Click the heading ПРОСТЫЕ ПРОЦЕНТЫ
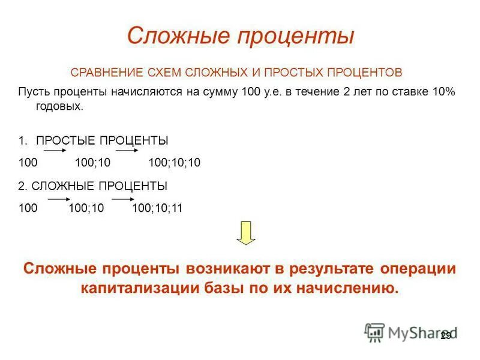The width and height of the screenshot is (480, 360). point(102,140)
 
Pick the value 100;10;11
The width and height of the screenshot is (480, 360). point(157,208)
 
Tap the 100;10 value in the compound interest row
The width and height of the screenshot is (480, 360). point(86,208)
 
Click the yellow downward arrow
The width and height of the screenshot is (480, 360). point(246,233)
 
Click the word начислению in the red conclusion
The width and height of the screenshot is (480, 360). point(346,287)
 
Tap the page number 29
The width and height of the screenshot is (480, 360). point(445,335)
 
